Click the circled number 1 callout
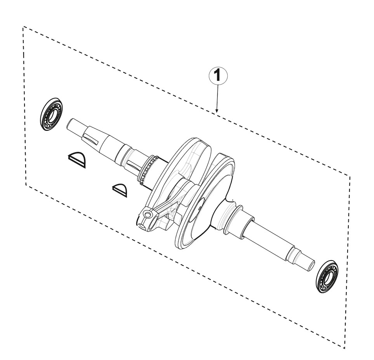tap(218, 76)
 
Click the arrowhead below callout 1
tap(217, 110)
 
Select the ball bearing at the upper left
tap(52, 114)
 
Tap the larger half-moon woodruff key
tap(77, 160)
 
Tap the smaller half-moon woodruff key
tap(120, 190)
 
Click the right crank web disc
tap(205, 203)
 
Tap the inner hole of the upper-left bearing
tap(51, 114)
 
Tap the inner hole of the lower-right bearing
tap(327, 277)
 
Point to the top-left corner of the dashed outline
tap(23, 26)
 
